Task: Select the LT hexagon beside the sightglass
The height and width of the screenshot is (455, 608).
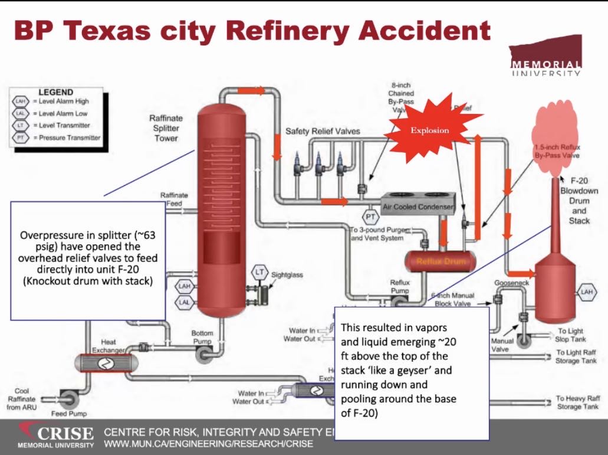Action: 259,272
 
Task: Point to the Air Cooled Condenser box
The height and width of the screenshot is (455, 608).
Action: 418,207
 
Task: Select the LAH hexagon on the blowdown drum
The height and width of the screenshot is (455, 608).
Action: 586,291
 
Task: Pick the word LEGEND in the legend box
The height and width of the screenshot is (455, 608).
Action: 55,93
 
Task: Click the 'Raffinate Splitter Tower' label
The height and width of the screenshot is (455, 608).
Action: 166,128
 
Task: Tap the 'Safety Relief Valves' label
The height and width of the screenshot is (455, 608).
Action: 322,130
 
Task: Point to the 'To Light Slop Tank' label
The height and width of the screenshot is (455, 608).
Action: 570,335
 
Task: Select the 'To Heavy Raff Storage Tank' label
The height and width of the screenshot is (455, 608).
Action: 577,402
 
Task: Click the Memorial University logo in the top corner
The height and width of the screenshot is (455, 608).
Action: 545,59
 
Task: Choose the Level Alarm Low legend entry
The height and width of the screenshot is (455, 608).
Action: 55,113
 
